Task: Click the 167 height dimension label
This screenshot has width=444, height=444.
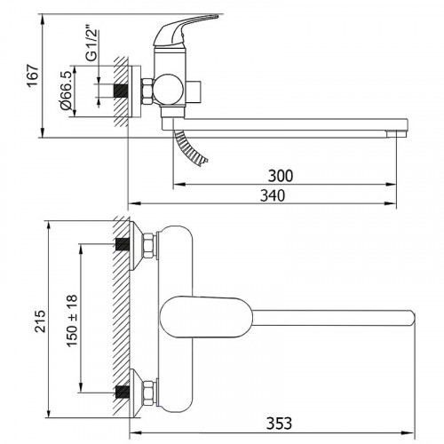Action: tap(33, 75)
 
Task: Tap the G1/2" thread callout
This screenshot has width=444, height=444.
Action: tap(92, 45)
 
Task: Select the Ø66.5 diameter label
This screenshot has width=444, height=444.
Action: tap(66, 91)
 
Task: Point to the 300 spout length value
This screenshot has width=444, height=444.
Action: tap(281, 176)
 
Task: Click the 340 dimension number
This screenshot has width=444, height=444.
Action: tap(273, 195)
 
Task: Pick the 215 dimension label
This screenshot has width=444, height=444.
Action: tap(40, 321)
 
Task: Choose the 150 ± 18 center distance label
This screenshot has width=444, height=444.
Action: tap(72, 321)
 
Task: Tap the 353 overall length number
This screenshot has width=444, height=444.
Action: tap(279, 424)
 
